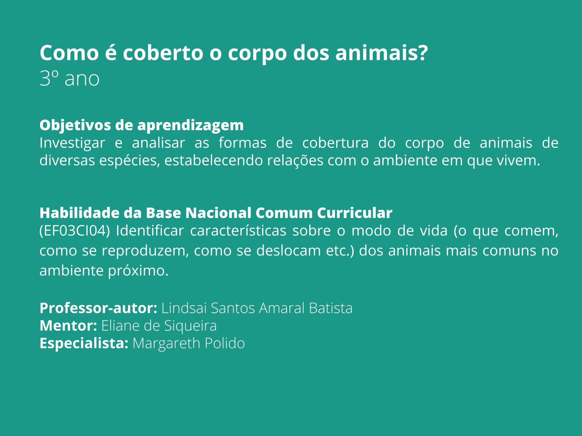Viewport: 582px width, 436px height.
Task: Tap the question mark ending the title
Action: tap(422, 53)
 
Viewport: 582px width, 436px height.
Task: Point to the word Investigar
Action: tap(72, 143)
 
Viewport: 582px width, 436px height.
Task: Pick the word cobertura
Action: tap(335, 143)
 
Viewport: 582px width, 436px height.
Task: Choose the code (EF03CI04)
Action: tap(75, 231)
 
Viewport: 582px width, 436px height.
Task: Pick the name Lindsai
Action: tap(184, 308)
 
